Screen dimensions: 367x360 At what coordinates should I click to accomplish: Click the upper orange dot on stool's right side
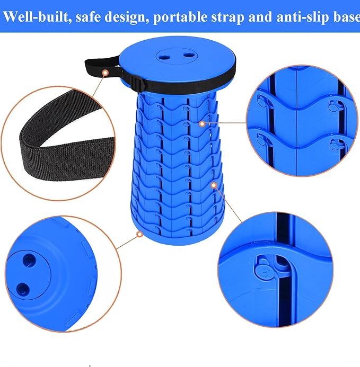click(202, 123)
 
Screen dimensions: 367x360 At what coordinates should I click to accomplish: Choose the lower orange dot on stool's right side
click(214, 185)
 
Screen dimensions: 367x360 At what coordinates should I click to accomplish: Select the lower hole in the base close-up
click(23, 289)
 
